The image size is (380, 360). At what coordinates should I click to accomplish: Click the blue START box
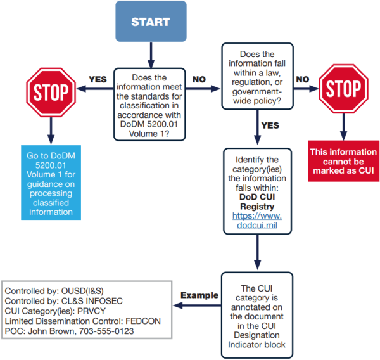(150, 22)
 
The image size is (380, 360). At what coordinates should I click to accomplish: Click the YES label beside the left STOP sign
(98, 80)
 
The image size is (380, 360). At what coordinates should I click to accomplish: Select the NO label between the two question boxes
(199, 80)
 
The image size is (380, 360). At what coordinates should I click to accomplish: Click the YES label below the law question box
(269, 125)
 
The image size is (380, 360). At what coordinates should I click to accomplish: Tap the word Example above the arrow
(199, 295)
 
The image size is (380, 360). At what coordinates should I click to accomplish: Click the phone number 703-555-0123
(106, 331)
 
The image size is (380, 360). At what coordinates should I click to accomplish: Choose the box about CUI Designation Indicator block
(256, 311)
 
